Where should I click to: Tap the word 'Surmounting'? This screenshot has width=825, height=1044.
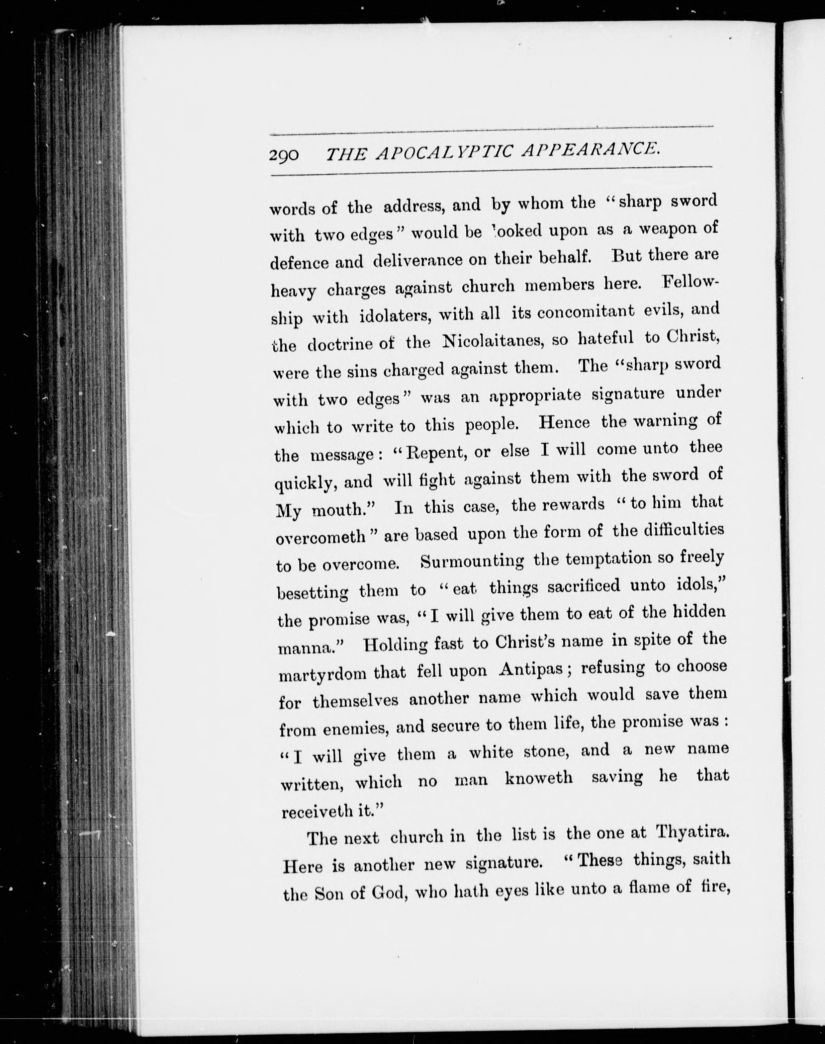(x=472, y=561)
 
